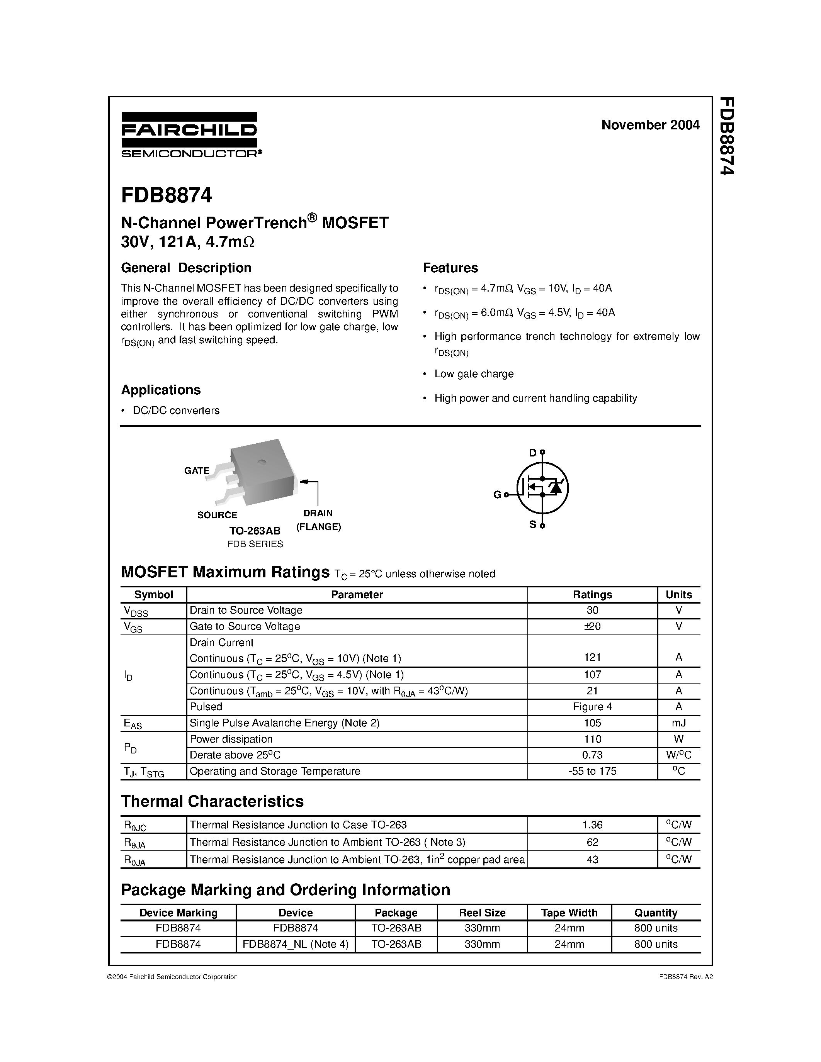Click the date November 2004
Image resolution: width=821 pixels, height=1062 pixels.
650,125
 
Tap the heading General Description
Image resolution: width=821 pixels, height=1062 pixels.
186,268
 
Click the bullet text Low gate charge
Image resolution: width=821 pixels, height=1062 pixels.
474,374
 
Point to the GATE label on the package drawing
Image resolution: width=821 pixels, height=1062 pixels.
197,470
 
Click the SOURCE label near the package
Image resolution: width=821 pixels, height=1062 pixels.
217,515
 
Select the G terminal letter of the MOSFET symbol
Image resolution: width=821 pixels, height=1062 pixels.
497,495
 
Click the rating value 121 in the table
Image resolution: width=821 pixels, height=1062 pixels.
592,657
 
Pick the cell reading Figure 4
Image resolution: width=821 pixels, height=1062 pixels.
592,707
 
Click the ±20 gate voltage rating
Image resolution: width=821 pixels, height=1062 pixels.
592,626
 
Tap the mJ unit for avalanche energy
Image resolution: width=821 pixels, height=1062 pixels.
678,723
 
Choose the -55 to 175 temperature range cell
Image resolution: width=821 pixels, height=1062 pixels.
592,771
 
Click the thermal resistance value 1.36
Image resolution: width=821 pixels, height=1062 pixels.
592,825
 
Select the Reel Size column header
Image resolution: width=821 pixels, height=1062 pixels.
482,913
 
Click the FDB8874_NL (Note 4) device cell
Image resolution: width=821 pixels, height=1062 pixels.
295,944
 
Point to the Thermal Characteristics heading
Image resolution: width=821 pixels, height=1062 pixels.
212,801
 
